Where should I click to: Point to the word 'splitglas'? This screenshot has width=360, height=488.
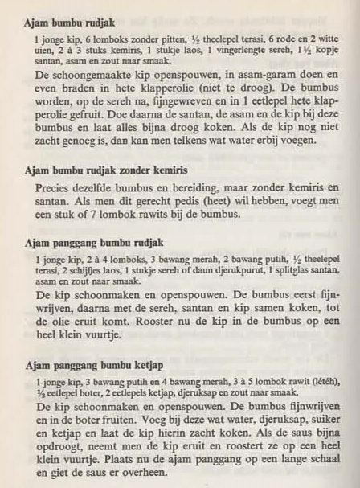coord(281,271)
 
